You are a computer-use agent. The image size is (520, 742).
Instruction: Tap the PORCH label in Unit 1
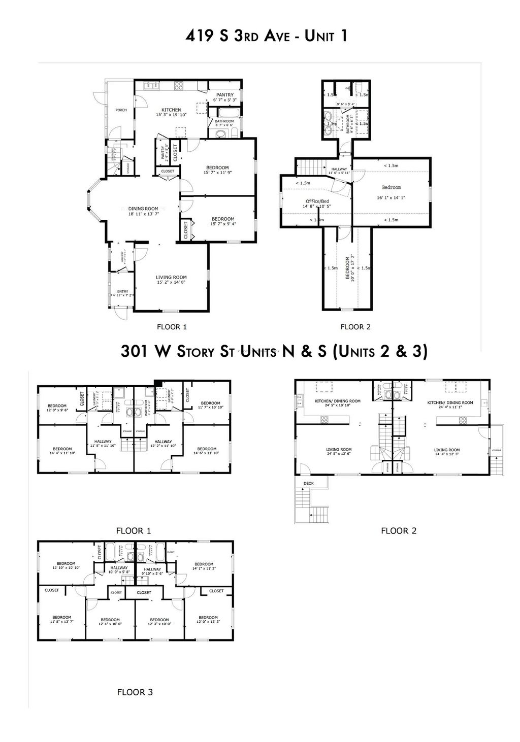pyautogui.click(x=120, y=110)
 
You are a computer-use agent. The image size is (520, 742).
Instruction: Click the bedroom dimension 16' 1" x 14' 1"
pyautogui.click(x=391, y=197)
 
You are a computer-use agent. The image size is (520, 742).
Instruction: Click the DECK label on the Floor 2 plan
pyautogui.click(x=308, y=483)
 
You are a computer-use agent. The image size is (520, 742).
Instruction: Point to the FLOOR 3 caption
pyautogui.click(x=135, y=692)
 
